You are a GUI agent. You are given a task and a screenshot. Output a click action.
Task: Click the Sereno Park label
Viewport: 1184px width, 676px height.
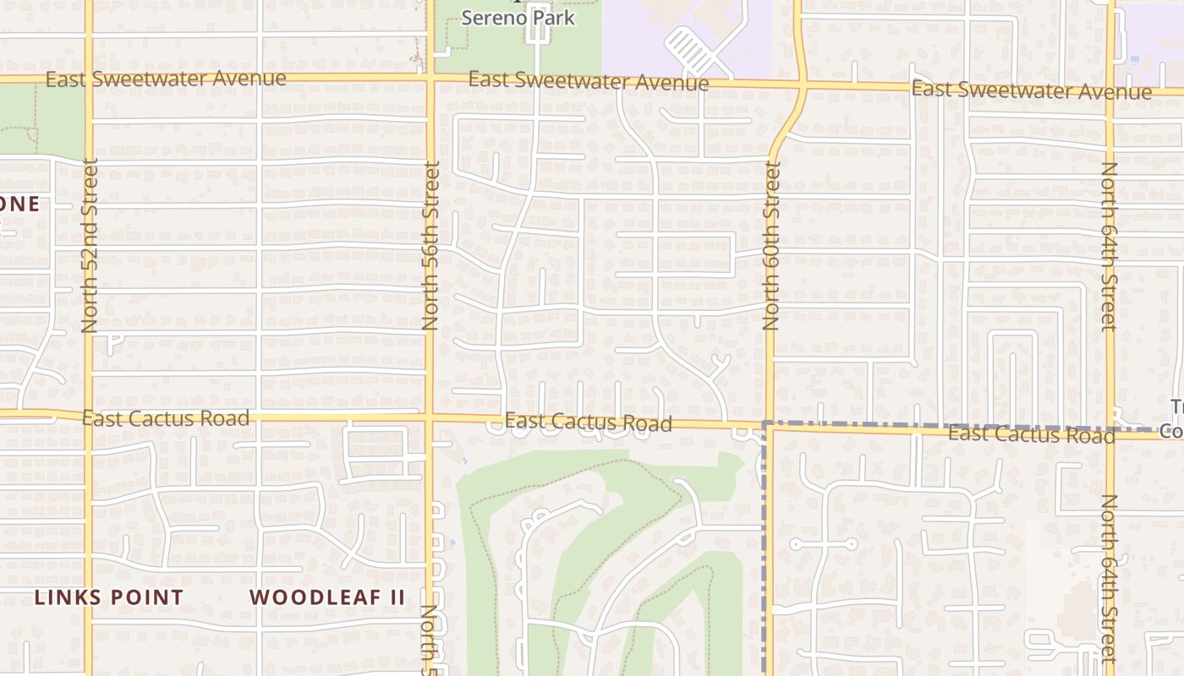point(518,17)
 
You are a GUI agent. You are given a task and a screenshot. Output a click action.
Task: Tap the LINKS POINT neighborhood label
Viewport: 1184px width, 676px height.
point(109,597)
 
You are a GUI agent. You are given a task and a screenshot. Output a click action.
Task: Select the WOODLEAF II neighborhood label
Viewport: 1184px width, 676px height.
point(327,597)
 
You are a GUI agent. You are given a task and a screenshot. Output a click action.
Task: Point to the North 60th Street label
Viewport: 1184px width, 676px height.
point(770,245)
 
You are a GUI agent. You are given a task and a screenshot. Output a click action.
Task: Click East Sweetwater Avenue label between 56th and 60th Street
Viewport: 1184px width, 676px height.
point(589,81)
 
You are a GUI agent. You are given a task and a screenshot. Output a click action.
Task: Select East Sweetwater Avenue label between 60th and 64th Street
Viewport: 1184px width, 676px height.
point(1032,90)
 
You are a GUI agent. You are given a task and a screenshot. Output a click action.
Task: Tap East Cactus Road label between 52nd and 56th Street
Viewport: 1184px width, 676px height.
point(166,418)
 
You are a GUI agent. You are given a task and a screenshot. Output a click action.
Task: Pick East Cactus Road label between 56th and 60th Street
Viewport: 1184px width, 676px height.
point(589,422)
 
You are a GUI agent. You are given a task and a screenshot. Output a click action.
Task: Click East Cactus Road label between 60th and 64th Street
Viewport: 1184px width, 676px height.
point(1032,434)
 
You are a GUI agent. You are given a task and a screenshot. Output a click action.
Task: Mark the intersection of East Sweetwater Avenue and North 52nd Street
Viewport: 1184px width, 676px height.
point(89,79)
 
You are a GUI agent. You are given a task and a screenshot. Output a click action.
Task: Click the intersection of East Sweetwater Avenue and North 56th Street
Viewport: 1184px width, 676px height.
point(430,79)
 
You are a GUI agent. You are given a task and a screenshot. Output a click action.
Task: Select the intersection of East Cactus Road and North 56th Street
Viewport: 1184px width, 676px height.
point(430,417)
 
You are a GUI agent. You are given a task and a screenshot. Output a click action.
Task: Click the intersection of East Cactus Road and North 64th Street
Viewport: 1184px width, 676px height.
point(1110,433)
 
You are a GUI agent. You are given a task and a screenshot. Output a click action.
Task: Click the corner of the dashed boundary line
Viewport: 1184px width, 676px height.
point(765,423)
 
